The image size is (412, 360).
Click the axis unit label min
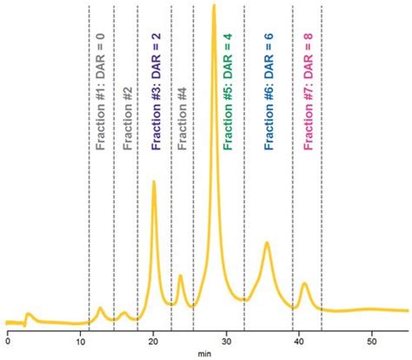[x=203, y=354]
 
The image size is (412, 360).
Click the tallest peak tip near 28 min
[x=214, y=7]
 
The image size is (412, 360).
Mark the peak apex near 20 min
[x=154, y=182]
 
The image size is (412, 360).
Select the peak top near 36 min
[x=267, y=243]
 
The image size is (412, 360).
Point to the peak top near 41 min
[x=304, y=283]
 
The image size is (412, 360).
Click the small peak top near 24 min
[x=180, y=277]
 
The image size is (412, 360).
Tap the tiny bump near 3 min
[x=29, y=314]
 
